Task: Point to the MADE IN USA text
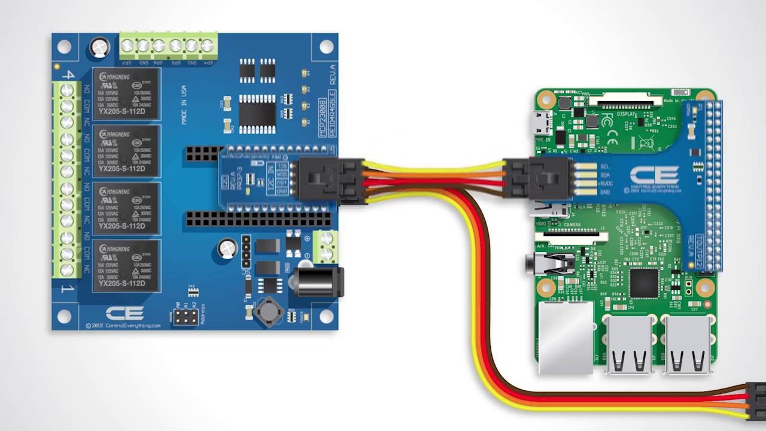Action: (x=184, y=105)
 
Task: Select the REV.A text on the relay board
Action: (x=332, y=74)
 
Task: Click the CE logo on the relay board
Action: (x=124, y=313)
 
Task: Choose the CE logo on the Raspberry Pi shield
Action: (x=655, y=175)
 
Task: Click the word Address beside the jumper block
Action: (x=203, y=314)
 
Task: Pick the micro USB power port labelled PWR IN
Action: (x=543, y=123)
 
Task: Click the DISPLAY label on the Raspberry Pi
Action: (x=626, y=114)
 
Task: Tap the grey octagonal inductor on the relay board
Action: (x=269, y=312)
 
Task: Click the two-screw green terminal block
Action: (x=325, y=247)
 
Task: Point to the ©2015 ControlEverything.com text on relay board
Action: (x=123, y=326)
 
